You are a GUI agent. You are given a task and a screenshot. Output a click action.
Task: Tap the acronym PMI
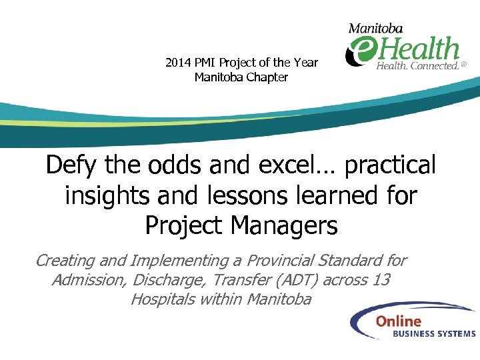click(x=207, y=63)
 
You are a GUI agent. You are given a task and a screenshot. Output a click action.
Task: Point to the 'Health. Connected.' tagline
click(x=418, y=66)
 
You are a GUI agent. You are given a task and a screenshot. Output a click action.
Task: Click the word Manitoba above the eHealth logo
click(x=376, y=28)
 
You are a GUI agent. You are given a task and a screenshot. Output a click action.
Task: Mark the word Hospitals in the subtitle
click(x=161, y=299)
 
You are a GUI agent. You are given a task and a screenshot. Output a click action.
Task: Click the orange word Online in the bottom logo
click(x=398, y=321)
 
